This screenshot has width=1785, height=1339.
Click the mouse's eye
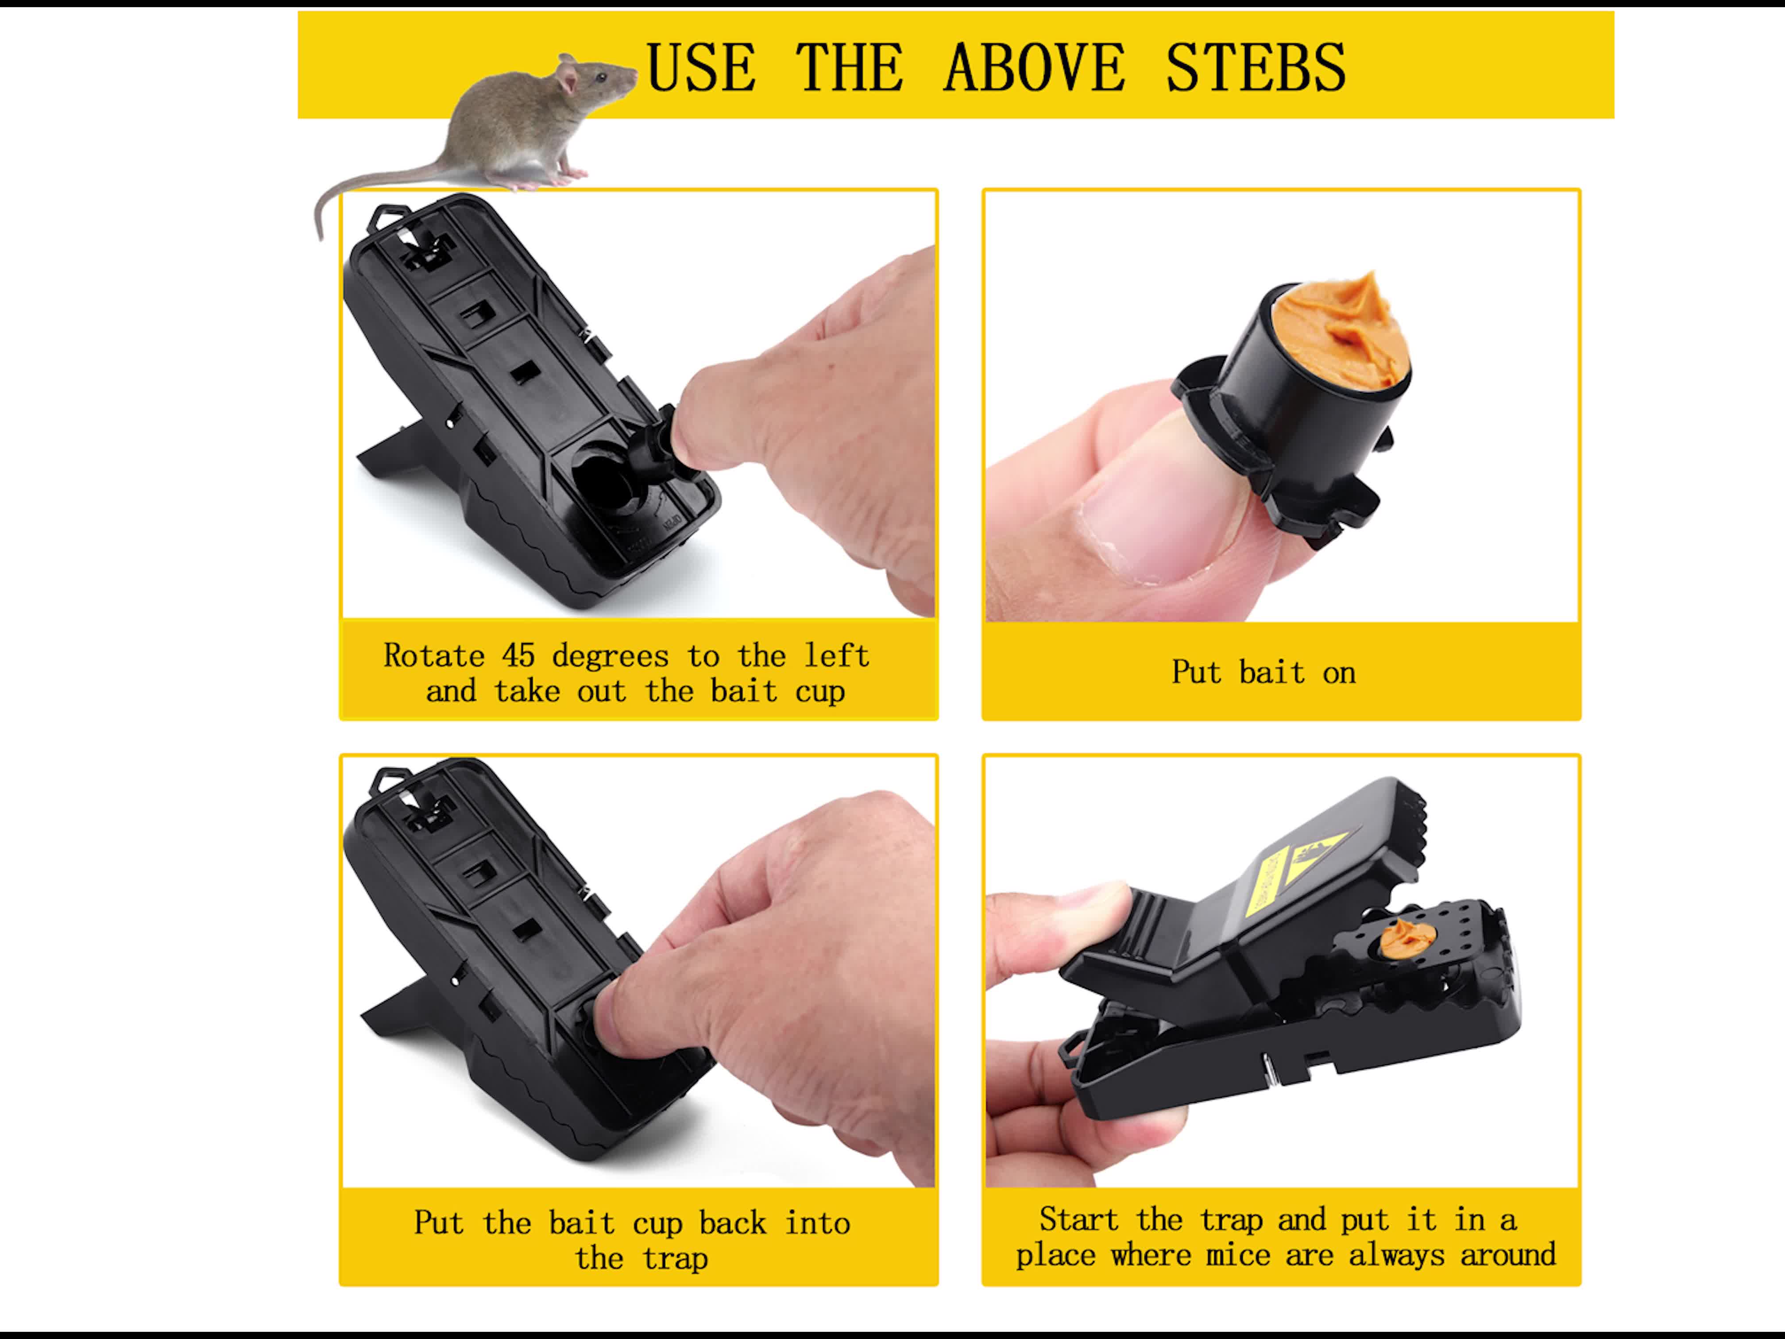click(601, 77)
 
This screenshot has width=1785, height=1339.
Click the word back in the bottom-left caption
click(733, 1223)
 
